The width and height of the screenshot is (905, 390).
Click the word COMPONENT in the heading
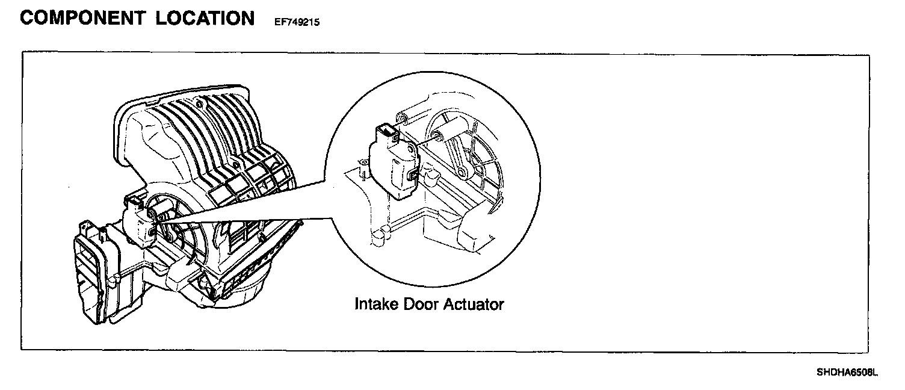81,18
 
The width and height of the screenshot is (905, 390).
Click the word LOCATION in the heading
205,18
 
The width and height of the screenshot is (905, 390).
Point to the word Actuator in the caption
474,304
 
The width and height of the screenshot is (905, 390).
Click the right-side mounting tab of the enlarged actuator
413,175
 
